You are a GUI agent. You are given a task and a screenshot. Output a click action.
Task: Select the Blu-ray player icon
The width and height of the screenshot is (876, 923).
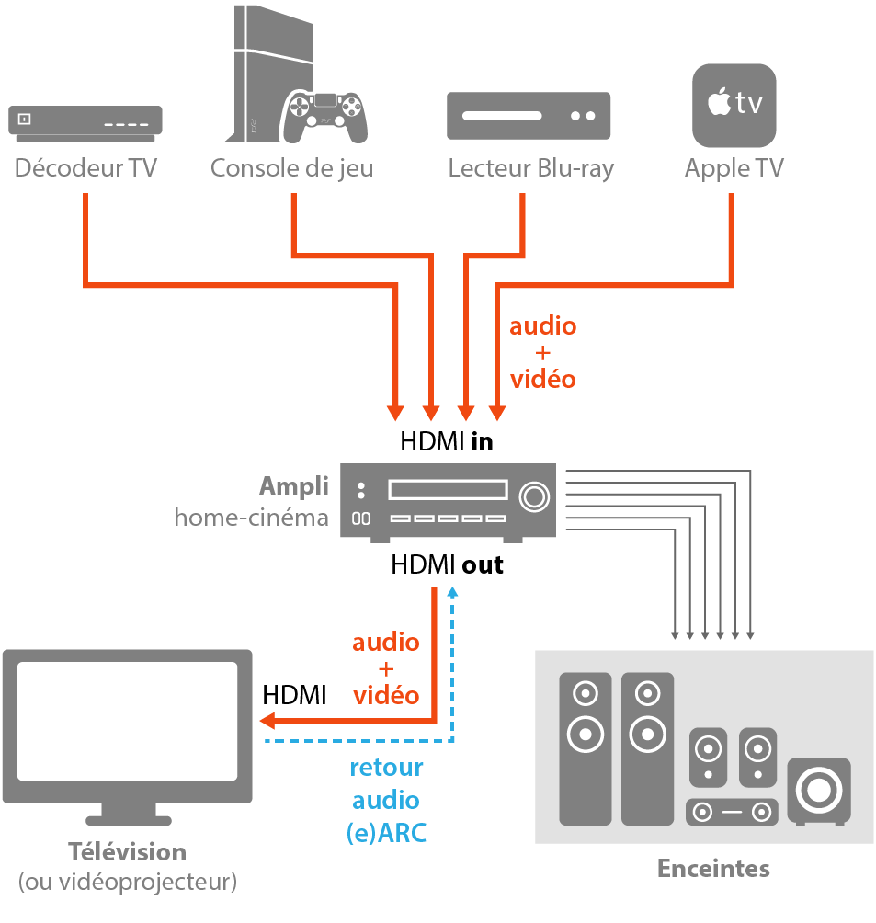click(x=529, y=116)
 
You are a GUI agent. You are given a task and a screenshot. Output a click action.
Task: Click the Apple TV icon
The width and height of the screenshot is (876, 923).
click(x=734, y=105)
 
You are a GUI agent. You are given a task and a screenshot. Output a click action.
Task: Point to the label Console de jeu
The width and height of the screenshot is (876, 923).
click(x=291, y=169)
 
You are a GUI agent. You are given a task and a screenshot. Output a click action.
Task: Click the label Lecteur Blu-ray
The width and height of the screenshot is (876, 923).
click(x=530, y=169)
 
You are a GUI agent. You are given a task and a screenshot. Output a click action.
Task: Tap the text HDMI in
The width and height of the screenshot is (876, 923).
click(x=447, y=441)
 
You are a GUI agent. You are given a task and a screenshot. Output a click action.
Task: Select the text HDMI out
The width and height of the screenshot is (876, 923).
click(x=447, y=564)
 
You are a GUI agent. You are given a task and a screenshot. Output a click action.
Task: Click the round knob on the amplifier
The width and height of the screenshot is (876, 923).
click(x=533, y=496)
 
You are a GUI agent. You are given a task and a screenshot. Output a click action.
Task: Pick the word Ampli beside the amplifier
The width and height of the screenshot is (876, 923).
click(x=293, y=486)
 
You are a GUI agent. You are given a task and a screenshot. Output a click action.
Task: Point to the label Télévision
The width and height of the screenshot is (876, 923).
click(x=127, y=852)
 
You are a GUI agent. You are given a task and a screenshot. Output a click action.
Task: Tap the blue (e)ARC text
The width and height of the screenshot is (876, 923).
click(x=386, y=833)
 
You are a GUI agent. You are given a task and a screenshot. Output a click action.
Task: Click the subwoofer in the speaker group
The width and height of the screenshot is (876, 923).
click(x=818, y=790)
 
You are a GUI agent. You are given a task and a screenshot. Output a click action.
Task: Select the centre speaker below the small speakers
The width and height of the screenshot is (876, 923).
click(x=732, y=813)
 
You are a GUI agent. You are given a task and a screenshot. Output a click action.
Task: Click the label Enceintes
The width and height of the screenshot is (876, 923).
click(x=713, y=869)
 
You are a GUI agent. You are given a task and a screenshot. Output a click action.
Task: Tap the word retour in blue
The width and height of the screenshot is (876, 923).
click(x=386, y=768)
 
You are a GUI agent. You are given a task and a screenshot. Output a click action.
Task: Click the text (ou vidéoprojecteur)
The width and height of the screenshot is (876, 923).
click(x=127, y=883)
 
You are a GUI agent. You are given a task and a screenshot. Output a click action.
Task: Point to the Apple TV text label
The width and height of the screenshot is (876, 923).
click(x=734, y=169)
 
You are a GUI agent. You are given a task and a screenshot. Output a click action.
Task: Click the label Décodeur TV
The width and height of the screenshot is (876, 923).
click(x=85, y=169)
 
